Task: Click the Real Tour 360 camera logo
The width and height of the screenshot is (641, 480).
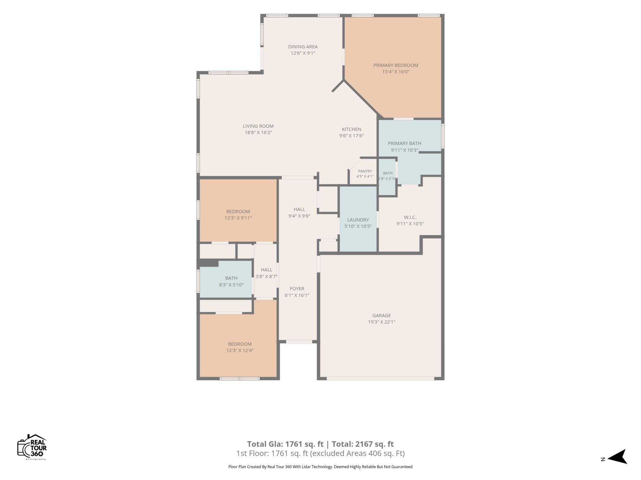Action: pos(32,447)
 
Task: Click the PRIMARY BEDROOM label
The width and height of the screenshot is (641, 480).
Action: pos(395,65)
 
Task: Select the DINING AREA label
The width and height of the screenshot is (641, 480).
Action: pos(303,47)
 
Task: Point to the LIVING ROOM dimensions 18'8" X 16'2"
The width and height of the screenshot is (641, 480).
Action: pos(258,132)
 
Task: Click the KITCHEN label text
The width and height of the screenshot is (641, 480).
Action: pos(352,129)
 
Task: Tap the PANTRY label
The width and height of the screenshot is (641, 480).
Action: pos(365,171)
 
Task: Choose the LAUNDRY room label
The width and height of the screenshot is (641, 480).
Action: pos(358,220)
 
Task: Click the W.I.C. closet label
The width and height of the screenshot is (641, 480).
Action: pos(410,217)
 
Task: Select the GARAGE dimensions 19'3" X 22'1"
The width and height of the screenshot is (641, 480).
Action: pos(381,322)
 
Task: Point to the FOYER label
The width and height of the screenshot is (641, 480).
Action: pos(297,289)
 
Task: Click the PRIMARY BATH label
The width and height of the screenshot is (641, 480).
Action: pos(404,143)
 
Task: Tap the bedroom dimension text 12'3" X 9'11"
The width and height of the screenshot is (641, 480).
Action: pos(238,218)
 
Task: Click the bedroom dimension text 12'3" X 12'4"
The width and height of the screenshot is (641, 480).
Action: pos(240,350)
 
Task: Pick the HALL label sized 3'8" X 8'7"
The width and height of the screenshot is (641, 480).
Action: pos(266,270)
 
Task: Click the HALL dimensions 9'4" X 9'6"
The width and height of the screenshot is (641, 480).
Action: pos(299,216)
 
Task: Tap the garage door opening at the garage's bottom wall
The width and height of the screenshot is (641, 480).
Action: pos(380,379)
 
